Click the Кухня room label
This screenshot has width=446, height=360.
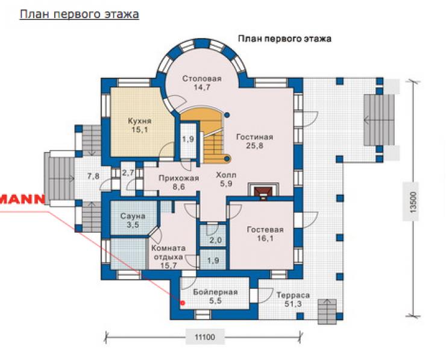[x=139, y=121]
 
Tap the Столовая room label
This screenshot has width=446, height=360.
[x=202, y=78]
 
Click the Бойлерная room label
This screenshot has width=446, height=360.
[x=215, y=292]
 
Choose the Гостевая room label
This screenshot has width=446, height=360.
[x=265, y=230]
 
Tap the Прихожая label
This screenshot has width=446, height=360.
[x=178, y=178]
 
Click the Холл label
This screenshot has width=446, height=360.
[x=226, y=175]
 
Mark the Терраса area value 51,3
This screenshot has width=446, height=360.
[x=294, y=304]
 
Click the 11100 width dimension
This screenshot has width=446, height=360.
[x=205, y=338]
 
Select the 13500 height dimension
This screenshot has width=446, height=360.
[x=413, y=202]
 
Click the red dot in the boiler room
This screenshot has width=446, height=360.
[x=183, y=303]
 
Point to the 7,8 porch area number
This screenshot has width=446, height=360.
[x=93, y=176]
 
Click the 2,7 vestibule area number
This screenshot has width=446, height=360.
[x=128, y=172]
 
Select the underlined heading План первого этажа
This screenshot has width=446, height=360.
[x=80, y=14]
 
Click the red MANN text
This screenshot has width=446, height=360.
[x=22, y=199]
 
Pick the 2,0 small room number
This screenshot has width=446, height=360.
[x=216, y=241]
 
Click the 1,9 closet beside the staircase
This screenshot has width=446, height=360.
[x=188, y=139]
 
